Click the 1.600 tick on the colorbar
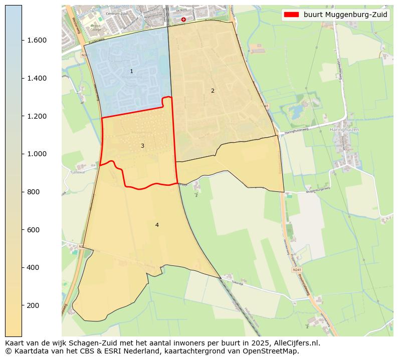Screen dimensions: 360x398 38,40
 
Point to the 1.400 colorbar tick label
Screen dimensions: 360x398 38,78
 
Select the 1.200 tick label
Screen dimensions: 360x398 38,116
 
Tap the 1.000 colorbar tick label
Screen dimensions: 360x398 38,154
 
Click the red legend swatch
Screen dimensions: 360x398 291,15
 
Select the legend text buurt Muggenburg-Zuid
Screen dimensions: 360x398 345,15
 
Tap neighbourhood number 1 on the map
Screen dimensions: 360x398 131,72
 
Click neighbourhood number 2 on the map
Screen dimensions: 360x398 213,91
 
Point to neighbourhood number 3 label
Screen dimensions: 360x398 142,146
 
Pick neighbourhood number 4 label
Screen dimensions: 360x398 157,225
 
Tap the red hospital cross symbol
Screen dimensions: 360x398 183,19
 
